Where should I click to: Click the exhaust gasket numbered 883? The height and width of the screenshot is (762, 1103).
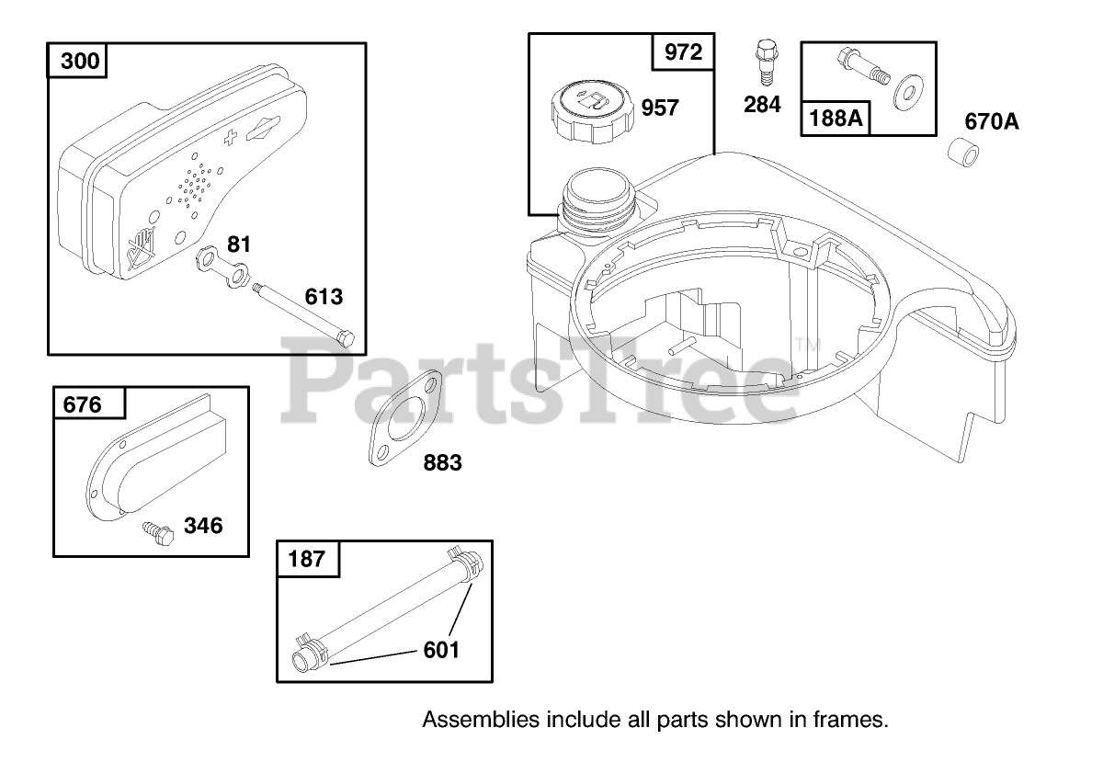(405, 418)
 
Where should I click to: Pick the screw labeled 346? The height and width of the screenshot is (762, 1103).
(158, 533)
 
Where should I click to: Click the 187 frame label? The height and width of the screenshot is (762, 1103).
(308, 559)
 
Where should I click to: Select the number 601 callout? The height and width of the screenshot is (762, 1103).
(441, 650)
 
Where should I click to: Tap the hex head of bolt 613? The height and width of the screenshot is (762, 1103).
(346, 338)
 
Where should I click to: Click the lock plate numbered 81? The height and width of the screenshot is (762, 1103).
(222, 267)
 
